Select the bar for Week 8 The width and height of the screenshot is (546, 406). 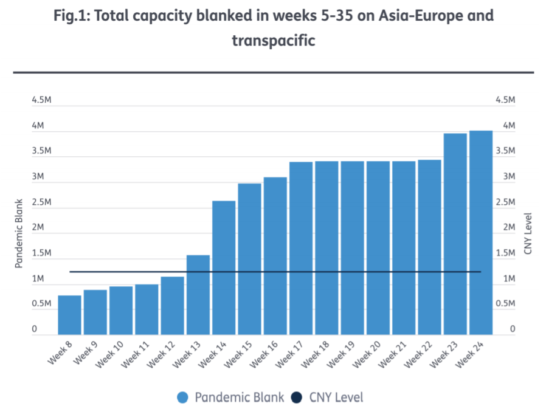coord(69,314)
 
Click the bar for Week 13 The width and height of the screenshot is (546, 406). coord(198,294)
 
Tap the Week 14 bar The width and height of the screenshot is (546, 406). coord(224,267)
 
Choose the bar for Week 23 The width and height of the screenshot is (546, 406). coord(455,233)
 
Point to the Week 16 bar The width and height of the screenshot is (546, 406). coord(275,255)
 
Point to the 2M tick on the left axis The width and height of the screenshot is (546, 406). coord(39,227)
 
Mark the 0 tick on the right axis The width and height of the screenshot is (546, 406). coord(513,329)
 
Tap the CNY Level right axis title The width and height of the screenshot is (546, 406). coord(528,233)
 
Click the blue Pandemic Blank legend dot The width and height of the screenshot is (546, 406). coord(182,397)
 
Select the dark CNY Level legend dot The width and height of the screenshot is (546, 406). coord(296,397)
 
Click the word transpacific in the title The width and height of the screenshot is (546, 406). coord(273,41)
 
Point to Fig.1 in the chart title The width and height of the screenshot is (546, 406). coord(72,15)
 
